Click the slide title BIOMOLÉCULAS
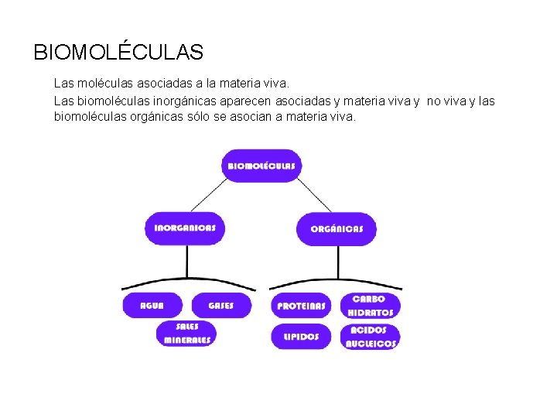click(x=118, y=53)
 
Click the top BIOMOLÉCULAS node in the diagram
click(x=261, y=166)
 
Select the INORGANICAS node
click(x=185, y=228)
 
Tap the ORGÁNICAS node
click(x=337, y=228)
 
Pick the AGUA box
click(x=152, y=305)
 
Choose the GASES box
click(x=220, y=305)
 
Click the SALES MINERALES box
click(x=186, y=334)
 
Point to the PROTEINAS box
click(x=301, y=306)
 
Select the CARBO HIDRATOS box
click(x=371, y=306)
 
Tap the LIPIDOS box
click(x=301, y=337)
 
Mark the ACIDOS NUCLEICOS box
click(x=371, y=337)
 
